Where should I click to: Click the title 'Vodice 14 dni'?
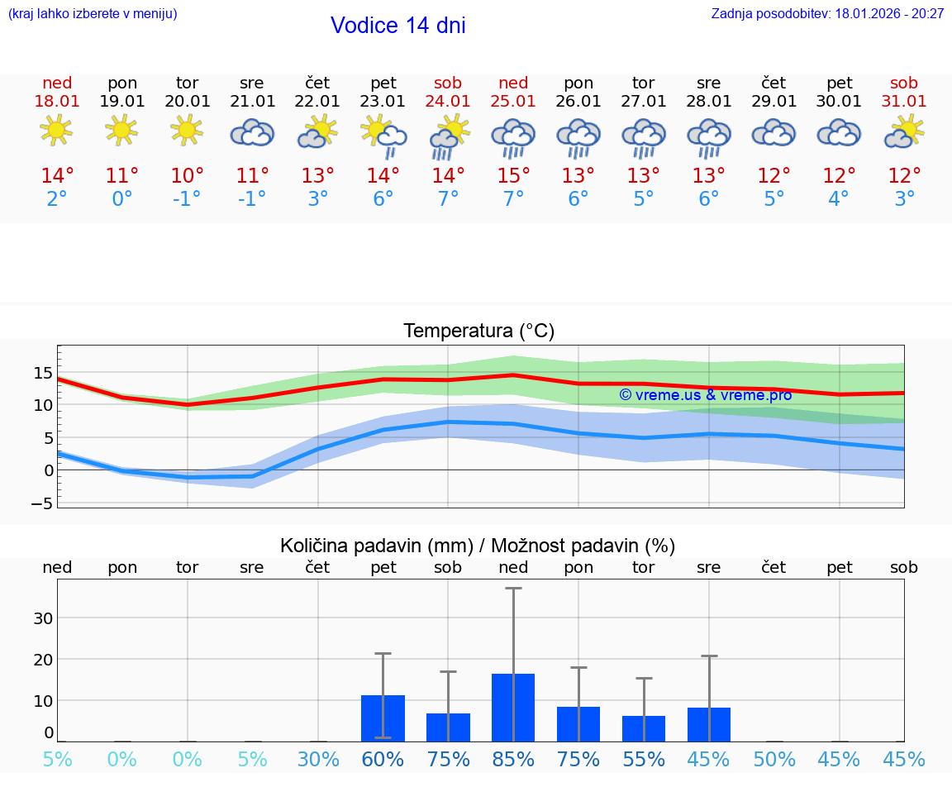pos(397,26)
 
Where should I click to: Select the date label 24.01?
pos(448,102)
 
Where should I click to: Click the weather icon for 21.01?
pos(252,132)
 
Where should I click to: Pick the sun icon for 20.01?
pos(187,130)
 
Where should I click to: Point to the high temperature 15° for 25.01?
pos(513,176)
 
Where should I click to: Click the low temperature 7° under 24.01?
pos(448,199)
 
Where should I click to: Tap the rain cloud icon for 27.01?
pos(644,137)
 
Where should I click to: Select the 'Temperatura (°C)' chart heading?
pos(478,331)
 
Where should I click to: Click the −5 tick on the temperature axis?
pos(42,503)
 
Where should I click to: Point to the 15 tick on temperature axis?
pos(43,373)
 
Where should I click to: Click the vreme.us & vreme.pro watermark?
pos(706,395)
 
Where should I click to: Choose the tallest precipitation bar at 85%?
pos(513,708)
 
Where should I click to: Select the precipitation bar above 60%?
pos(383,718)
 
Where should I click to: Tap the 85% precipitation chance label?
pos(513,759)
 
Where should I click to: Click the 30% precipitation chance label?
pos(318,759)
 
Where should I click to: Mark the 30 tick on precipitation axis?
pos(43,618)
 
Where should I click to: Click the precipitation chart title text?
pos(478,546)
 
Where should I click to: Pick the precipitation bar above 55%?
pos(644,728)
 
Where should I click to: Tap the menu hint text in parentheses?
pos(93,14)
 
